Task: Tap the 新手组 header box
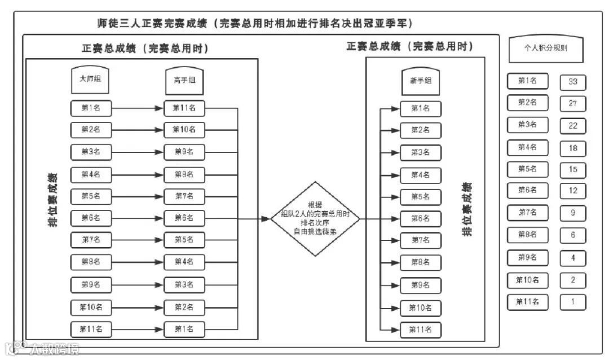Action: tap(420, 81)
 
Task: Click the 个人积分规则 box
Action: tap(545, 49)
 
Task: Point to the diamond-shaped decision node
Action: tap(315, 219)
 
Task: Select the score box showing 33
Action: tap(573, 82)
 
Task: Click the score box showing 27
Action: tap(573, 104)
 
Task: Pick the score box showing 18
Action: tap(573, 148)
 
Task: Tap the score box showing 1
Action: tap(573, 301)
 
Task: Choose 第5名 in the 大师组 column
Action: tap(91, 196)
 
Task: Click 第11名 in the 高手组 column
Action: tap(184, 108)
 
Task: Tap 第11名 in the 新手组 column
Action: tap(420, 330)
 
